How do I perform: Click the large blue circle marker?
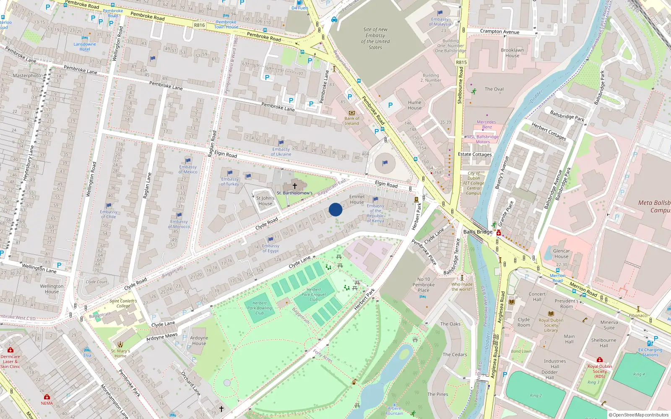(335, 209)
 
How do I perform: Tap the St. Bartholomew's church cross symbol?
(294, 186)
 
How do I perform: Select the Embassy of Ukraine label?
(281, 152)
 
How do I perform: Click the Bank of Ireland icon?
(352, 113)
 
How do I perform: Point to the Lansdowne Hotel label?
(85, 47)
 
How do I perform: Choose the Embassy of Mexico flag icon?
(188, 160)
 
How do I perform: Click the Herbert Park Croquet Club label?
(314, 295)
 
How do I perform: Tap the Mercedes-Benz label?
(486, 124)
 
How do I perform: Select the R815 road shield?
(461, 62)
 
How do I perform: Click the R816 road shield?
(199, 25)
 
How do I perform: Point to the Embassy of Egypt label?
(270, 248)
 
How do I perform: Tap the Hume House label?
(414, 105)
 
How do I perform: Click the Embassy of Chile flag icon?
(109, 205)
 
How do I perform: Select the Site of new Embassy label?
(375, 39)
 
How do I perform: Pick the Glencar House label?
(561, 253)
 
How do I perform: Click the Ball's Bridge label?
(478, 232)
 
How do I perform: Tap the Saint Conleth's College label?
(123, 303)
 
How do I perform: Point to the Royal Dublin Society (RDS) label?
(600, 371)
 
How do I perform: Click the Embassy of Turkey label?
(230, 181)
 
